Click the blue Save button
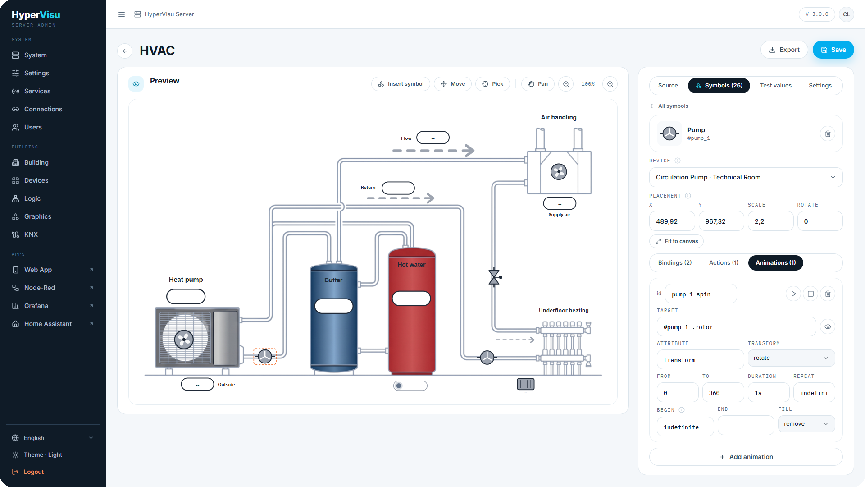click(833, 50)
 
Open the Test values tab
click(775, 86)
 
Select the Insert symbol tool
click(401, 84)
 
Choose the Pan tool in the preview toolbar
click(538, 84)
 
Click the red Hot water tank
click(412, 311)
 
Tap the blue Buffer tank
click(334, 318)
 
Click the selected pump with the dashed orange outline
click(265, 356)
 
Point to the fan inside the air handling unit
click(559, 171)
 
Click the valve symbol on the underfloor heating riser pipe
click(495, 277)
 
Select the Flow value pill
click(433, 138)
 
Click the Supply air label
click(559, 215)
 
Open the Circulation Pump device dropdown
click(746, 177)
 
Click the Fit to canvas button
click(676, 241)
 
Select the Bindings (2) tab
click(674, 263)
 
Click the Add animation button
click(746, 457)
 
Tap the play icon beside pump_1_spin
click(793, 294)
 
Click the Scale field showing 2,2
click(770, 221)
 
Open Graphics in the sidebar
click(38, 216)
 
